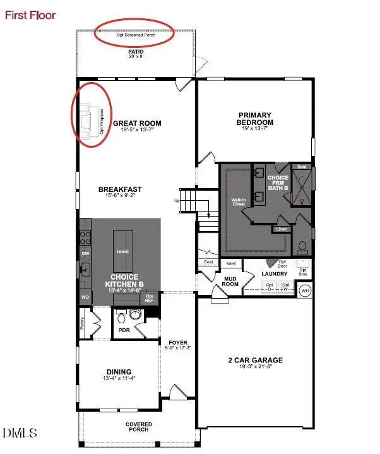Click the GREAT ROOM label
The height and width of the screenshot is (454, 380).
137,124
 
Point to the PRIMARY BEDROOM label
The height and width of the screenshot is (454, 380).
254,118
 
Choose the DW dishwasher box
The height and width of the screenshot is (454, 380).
85,253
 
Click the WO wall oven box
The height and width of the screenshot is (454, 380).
85,296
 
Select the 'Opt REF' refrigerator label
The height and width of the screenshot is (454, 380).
150,298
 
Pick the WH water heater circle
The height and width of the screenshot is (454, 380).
305,291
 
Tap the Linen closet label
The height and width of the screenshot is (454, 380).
280,229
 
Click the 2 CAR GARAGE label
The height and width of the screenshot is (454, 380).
256,361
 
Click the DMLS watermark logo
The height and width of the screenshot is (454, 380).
20,433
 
